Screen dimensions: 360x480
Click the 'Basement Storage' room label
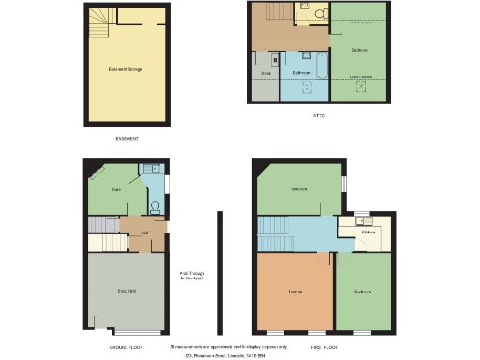(126, 68)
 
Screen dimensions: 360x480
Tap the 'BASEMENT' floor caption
(127, 139)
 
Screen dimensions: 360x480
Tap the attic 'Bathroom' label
(302, 72)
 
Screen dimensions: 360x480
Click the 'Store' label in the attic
(265, 72)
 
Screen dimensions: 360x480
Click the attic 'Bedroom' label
(359, 49)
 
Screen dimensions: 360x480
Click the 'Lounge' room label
(294, 292)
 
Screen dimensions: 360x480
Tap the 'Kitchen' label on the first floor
(368, 231)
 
